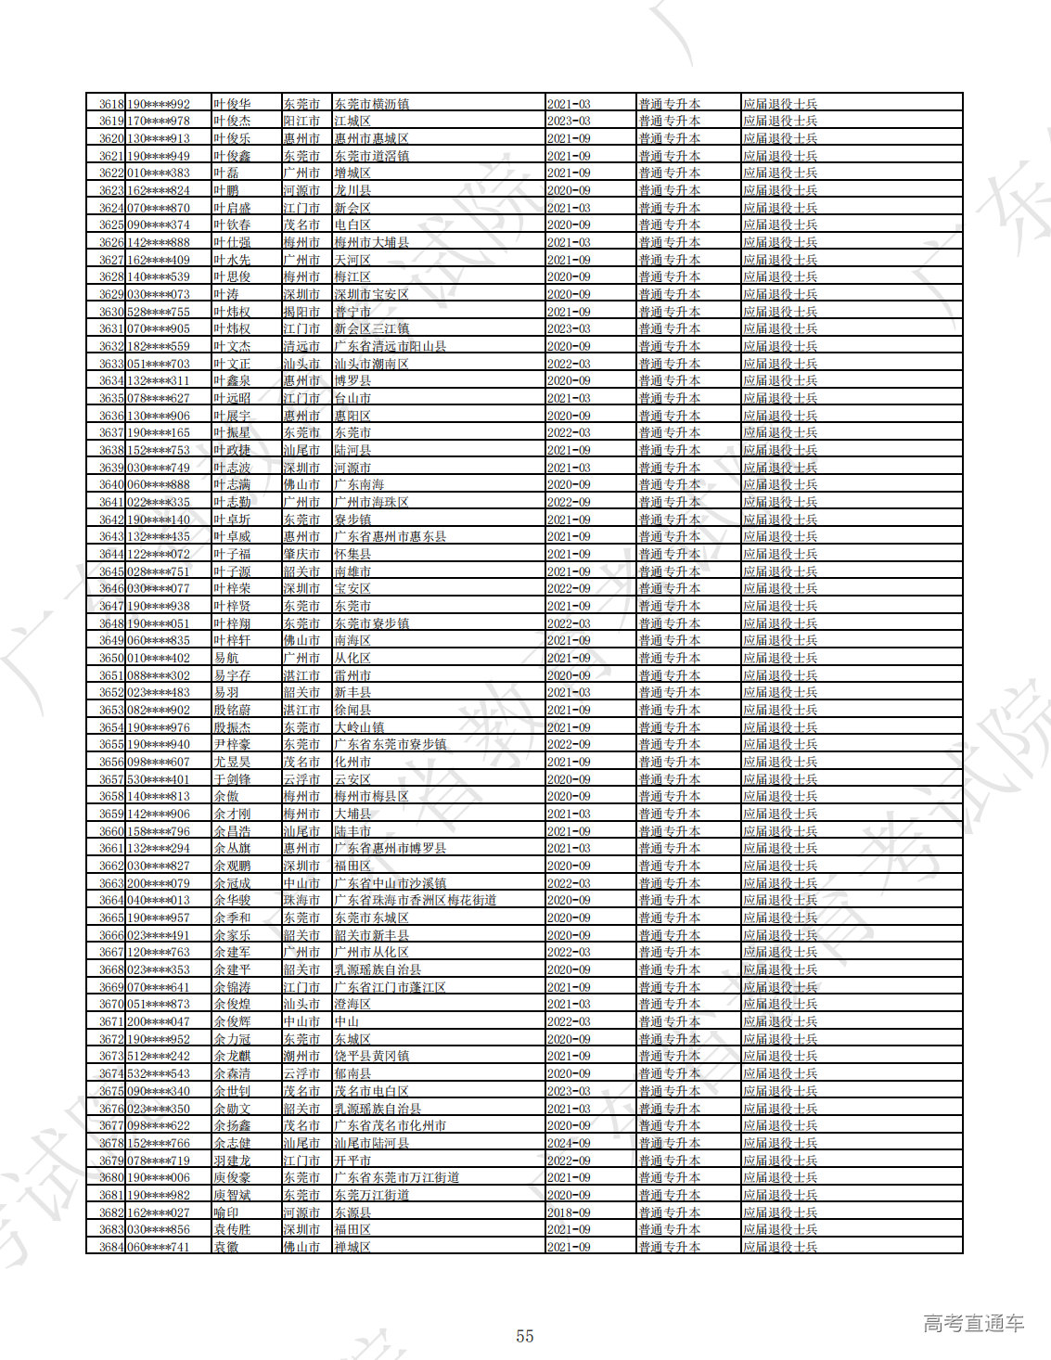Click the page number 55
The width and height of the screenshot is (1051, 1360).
click(x=525, y=1336)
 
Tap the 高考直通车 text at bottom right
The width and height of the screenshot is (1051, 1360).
click(x=973, y=1323)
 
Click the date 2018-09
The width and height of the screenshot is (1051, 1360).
click(x=569, y=1212)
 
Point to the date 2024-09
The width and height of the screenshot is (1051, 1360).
click(x=569, y=1143)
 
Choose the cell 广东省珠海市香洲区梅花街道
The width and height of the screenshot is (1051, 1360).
click(x=415, y=900)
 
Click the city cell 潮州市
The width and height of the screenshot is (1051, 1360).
click(x=301, y=1056)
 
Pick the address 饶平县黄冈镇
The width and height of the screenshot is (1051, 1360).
click(x=371, y=1056)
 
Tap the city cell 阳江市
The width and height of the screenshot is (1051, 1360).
click(x=301, y=121)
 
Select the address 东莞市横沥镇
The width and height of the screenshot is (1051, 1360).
click(x=371, y=104)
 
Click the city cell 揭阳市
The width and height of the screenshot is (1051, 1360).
click(x=301, y=312)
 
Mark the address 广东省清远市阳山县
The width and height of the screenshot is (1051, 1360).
click(x=390, y=346)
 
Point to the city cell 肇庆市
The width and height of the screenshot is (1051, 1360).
click(x=301, y=554)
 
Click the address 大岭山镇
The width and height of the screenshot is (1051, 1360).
click(x=359, y=727)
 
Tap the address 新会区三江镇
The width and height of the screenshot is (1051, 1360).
click(x=371, y=328)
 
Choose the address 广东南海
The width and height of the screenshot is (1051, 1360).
click(x=359, y=484)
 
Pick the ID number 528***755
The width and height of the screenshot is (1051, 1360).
click(x=159, y=312)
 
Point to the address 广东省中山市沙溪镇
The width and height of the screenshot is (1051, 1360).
click(x=390, y=883)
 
